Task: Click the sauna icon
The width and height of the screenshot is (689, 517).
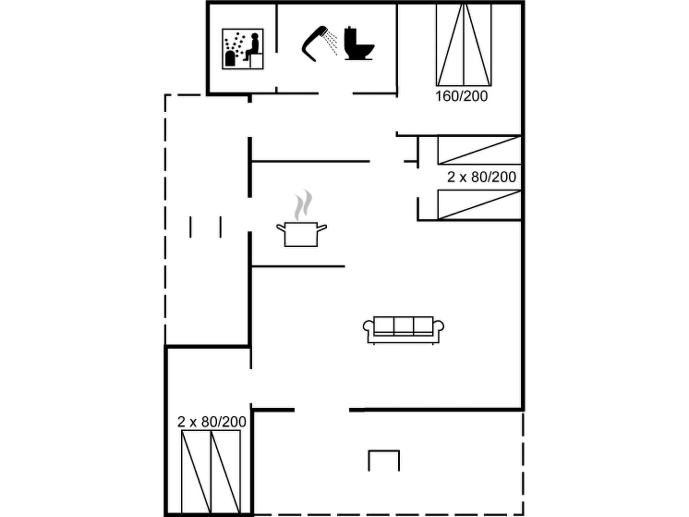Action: click(x=243, y=49)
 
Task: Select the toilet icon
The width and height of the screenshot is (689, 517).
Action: click(x=358, y=44)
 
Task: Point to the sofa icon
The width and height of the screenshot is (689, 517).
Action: click(x=403, y=330)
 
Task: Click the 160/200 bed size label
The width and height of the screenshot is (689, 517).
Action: click(x=461, y=96)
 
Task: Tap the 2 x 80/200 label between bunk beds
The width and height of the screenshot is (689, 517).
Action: click(x=481, y=177)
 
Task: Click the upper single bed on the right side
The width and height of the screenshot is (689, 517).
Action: click(x=479, y=150)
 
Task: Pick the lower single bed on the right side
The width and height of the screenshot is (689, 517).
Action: click(x=479, y=205)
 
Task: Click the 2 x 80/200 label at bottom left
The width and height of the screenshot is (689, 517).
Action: click(x=212, y=422)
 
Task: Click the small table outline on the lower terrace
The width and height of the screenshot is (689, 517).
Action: click(x=384, y=460)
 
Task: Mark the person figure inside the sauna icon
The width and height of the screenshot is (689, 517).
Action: click(x=252, y=47)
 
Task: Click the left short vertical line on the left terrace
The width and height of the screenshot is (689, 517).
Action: click(x=190, y=227)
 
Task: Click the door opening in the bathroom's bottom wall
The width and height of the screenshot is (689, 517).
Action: click(x=335, y=94)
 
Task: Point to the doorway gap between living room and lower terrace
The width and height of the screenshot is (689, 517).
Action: click(x=322, y=410)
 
